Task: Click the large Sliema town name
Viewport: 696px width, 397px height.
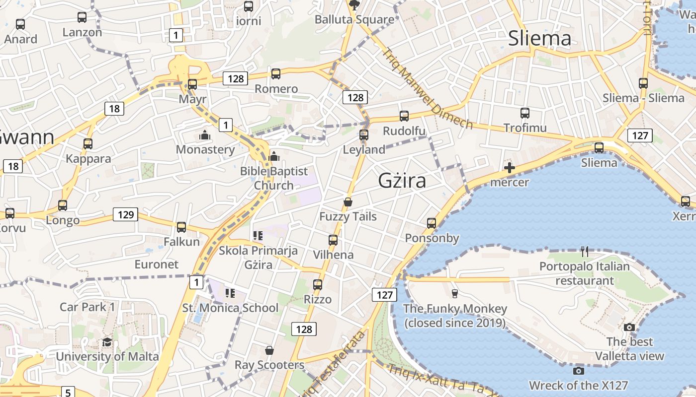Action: tap(539, 38)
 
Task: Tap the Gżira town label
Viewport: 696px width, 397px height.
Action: tap(402, 180)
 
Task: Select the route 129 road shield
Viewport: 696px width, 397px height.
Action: tap(125, 214)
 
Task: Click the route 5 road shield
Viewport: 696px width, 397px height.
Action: tap(68, 392)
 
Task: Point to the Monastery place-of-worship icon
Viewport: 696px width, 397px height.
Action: tap(204, 135)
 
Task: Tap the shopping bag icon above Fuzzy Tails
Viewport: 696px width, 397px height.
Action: tap(348, 202)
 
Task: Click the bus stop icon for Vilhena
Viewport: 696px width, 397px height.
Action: tap(333, 240)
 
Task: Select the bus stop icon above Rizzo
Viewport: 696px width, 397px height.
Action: tap(318, 285)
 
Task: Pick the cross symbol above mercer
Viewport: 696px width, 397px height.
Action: tap(509, 168)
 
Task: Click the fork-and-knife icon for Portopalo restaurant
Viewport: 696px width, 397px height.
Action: tap(585, 252)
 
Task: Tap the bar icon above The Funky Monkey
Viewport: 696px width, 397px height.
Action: tap(454, 293)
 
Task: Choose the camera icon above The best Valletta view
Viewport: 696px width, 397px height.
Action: tap(629, 327)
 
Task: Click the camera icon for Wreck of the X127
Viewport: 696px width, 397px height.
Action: tap(578, 371)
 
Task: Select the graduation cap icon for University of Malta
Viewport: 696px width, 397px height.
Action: tap(107, 342)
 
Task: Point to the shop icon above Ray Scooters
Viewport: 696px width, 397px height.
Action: tap(269, 350)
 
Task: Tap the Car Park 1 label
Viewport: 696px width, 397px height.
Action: tap(87, 307)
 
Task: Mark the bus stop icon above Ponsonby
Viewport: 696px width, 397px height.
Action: tap(432, 223)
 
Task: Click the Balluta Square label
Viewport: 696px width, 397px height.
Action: tap(354, 20)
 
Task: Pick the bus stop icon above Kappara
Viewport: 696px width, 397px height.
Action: tap(88, 144)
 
